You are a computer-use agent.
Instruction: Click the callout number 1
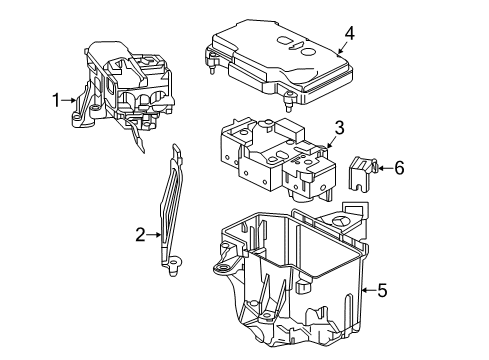tap(57, 100)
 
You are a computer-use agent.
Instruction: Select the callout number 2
tap(141, 235)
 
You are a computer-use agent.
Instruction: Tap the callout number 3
tap(339, 128)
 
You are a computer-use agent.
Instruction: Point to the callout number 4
tap(349, 34)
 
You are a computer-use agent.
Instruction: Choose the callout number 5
tap(382, 290)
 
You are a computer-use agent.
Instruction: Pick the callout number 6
tap(399, 168)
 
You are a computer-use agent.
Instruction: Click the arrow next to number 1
tap(69, 100)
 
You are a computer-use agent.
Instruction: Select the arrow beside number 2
tap(154, 235)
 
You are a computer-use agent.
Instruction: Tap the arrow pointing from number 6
tap(385, 168)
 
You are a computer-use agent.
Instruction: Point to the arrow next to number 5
tap(369, 290)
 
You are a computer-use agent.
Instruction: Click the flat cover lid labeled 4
tap(279, 63)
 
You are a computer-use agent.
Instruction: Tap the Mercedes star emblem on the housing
tap(342, 223)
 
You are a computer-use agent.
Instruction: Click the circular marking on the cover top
tap(308, 52)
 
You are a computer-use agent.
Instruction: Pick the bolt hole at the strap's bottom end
tap(173, 262)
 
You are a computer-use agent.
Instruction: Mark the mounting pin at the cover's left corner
tap(211, 65)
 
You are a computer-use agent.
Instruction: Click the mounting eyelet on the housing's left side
tap(222, 268)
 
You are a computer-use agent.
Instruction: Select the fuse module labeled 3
tap(278, 159)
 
